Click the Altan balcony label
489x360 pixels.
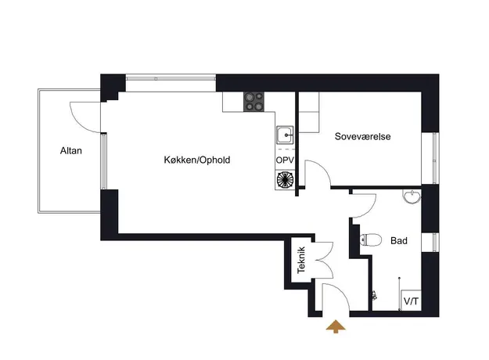click(x=70, y=151)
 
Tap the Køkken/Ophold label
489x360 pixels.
click(x=197, y=160)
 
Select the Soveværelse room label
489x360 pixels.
click(x=362, y=136)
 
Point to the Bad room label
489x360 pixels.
click(x=399, y=240)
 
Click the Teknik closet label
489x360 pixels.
click(x=301, y=260)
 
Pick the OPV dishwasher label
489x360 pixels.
click(x=285, y=160)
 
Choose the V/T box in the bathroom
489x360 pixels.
click(x=412, y=301)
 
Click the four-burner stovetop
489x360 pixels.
click(x=253, y=102)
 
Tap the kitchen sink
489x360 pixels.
click(x=285, y=135)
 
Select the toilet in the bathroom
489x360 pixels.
click(x=371, y=240)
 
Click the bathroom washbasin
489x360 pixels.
click(x=412, y=196)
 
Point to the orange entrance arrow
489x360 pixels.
click(x=336, y=326)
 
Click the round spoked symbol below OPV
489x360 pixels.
click(x=285, y=180)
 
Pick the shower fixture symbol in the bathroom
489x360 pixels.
click(x=374, y=295)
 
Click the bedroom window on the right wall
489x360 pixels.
click(x=434, y=158)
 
